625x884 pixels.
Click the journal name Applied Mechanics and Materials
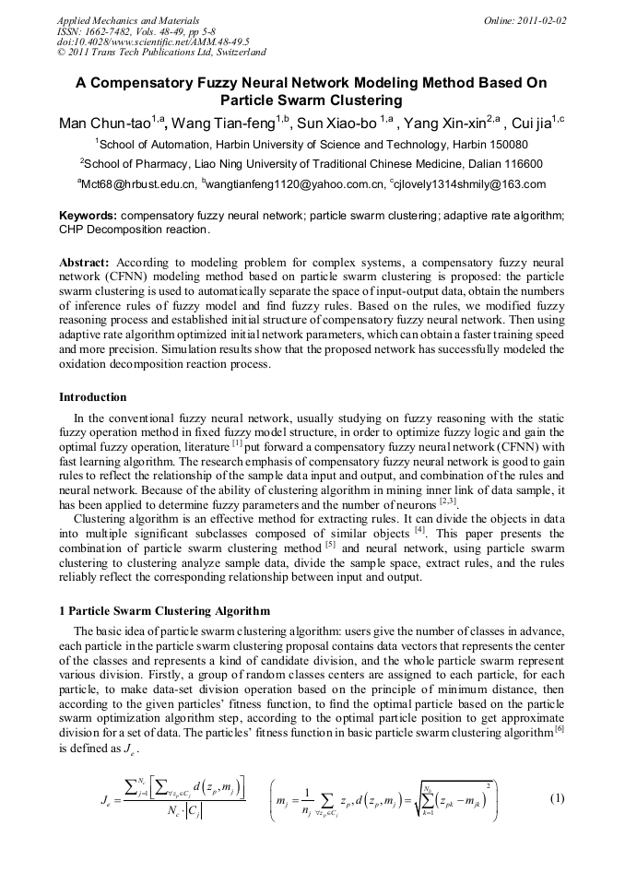[x=118, y=19]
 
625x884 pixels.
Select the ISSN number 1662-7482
[x=115, y=30]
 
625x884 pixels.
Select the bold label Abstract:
[x=85, y=263]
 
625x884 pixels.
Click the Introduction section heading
[x=93, y=397]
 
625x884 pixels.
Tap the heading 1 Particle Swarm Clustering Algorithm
[x=165, y=611]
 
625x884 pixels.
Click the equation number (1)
[x=556, y=798]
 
